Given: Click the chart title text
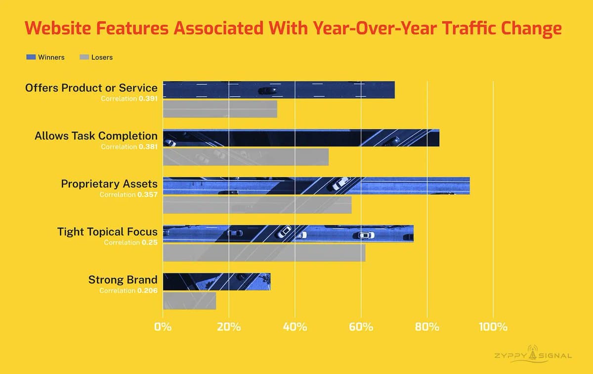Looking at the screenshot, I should click(293, 28).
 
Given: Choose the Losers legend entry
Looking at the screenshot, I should click(96, 57).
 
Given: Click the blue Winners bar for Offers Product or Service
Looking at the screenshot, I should click(279, 90).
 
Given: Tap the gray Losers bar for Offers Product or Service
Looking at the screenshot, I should click(220, 109).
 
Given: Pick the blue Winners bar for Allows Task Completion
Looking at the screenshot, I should click(301, 138).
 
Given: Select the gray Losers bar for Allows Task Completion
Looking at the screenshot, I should click(246, 157).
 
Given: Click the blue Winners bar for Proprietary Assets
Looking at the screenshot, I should click(316, 186).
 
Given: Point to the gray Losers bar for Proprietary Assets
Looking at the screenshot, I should click(257, 205).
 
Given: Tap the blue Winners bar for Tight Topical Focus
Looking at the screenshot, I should click(288, 234).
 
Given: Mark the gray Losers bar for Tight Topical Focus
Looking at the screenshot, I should click(264, 252).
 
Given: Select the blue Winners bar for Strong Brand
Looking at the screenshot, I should click(216, 281).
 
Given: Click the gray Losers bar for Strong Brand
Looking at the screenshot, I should click(189, 300).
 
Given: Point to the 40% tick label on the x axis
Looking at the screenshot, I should click(295, 327).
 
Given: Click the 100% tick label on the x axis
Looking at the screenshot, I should click(493, 327).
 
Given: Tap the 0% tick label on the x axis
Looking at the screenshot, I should click(163, 327).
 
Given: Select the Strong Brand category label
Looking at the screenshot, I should click(123, 280).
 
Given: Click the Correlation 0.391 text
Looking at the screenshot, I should click(129, 98).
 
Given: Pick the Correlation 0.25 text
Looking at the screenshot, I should click(130, 242).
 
